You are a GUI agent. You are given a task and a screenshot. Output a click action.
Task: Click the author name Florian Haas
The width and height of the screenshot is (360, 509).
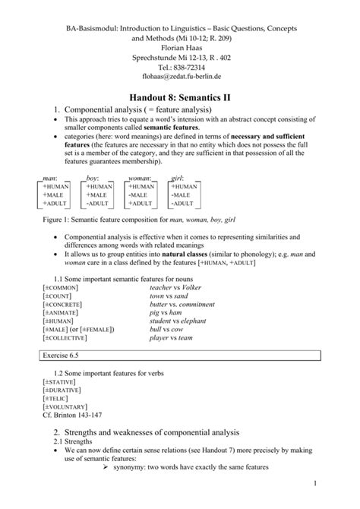[179, 45]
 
